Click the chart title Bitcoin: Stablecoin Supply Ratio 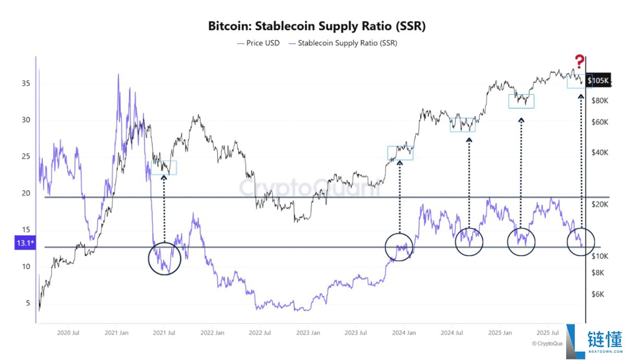pyautogui.click(x=317, y=26)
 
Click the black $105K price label pyautogui.click(x=597, y=81)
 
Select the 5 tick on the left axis pyautogui.click(x=29, y=303)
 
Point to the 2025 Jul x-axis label pyautogui.click(x=547, y=332)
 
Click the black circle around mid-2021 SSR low pyautogui.click(x=165, y=258)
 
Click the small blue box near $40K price pyautogui.click(x=400, y=153)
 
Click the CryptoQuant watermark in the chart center pyautogui.click(x=310, y=188)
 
